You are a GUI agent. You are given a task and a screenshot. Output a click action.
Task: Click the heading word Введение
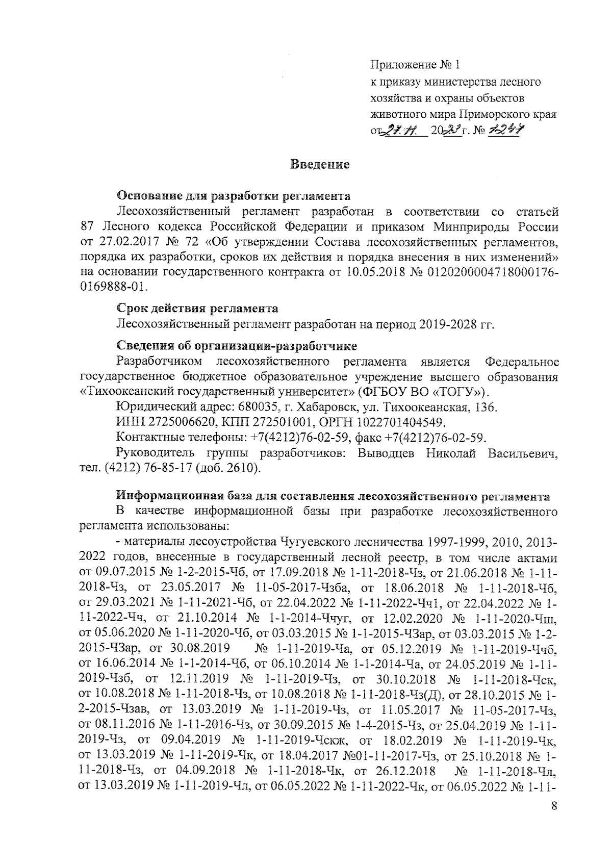point(319,165)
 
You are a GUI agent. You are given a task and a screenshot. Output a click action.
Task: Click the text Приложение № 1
point(414,65)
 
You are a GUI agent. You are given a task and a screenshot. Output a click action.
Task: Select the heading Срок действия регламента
point(197,309)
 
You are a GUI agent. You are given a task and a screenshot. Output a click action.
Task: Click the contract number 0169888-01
point(112,287)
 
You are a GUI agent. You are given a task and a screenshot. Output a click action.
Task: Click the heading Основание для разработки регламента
point(234,195)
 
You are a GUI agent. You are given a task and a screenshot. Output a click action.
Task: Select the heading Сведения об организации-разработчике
point(237,346)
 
